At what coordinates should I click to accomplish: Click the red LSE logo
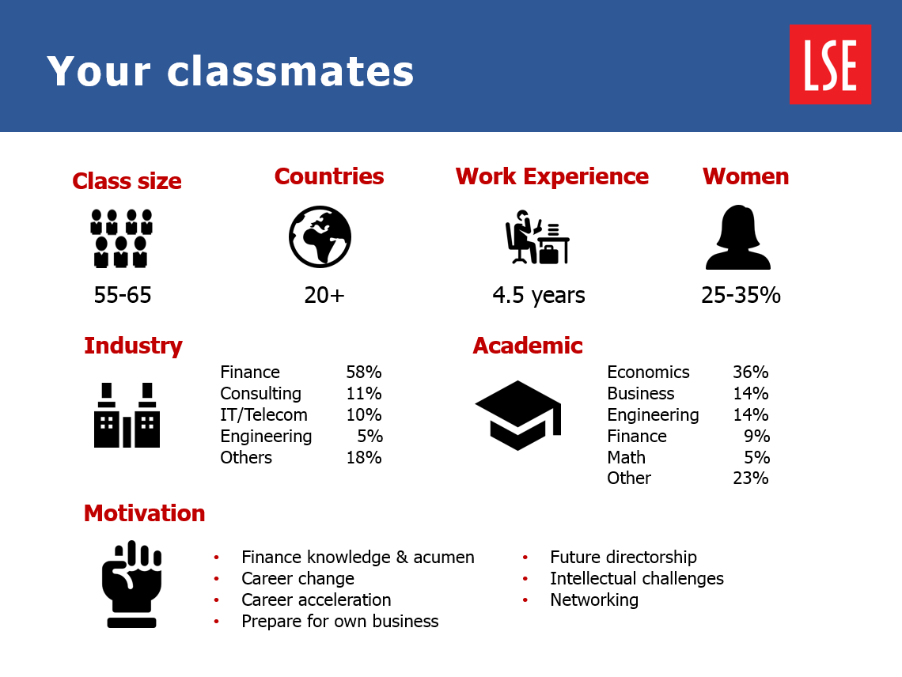[829, 64]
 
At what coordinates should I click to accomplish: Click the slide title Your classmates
[230, 71]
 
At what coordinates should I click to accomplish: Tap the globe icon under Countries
[320, 236]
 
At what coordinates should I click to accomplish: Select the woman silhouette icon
[738, 237]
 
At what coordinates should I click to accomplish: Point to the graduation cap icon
[517, 414]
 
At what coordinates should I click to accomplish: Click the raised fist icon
[131, 584]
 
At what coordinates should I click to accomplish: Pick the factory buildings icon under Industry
[127, 414]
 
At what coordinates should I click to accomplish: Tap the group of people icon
[121, 238]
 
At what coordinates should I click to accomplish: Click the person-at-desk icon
[537, 237]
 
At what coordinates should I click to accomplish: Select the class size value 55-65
[123, 295]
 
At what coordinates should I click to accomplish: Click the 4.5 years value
[539, 296]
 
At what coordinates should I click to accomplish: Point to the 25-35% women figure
[741, 295]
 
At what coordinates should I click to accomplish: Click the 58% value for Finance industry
[363, 373]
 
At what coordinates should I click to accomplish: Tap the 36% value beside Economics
[751, 373]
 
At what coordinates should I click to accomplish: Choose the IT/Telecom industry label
[263, 414]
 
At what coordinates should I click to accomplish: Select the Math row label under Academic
[626, 457]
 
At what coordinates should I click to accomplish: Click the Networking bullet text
[594, 600]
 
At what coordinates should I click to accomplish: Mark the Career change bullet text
[298, 579]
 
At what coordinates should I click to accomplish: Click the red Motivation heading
[144, 513]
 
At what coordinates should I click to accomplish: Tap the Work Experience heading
[552, 176]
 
